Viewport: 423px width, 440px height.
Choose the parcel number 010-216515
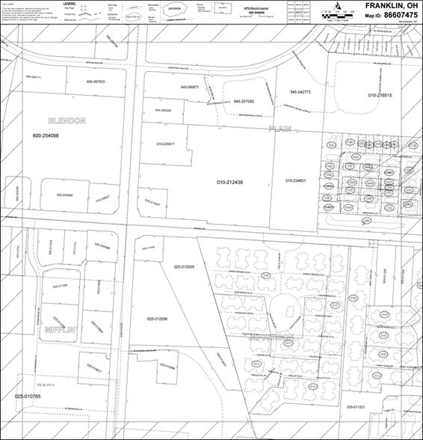click(380, 96)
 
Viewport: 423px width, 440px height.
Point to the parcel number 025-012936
click(162, 319)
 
